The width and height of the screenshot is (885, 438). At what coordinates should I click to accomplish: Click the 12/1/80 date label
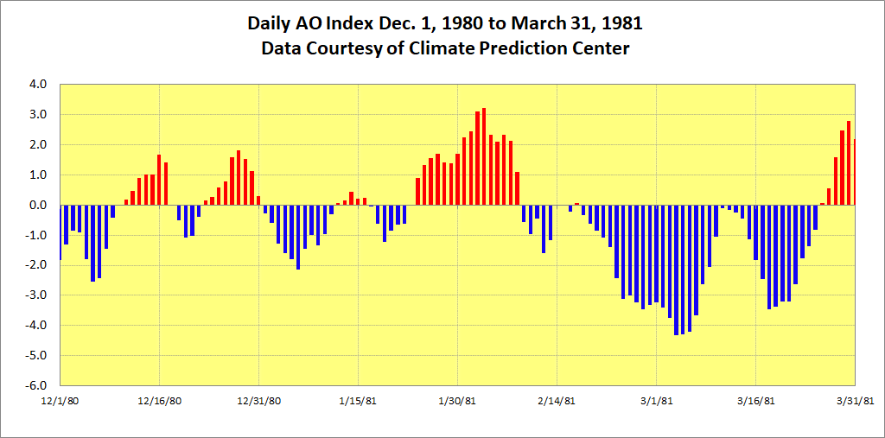[60, 401]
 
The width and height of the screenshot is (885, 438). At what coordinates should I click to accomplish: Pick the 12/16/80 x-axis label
[160, 401]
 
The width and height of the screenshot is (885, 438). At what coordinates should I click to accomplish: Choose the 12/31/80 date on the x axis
[259, 401]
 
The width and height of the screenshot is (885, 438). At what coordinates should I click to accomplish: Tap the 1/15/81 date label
[358, 401]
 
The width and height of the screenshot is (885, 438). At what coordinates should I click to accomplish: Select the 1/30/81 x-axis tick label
[457, 401]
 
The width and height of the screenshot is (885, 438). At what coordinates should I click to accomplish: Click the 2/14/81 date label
[557, 401]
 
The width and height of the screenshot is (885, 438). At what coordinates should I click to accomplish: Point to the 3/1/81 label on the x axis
[656, 401]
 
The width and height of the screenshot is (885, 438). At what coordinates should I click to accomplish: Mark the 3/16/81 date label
[755, 401]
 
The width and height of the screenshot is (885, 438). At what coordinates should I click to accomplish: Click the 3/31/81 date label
[855, 401]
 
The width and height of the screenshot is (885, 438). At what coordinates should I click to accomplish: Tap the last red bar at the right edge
[854, 173]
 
